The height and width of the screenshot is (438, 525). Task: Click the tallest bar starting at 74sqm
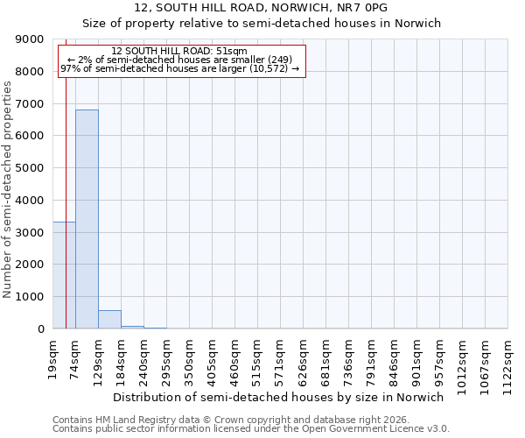pyautogui.click(x=87, y=219)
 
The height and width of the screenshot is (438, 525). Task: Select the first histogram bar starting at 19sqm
pyautogui.click(x=64, y=275)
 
